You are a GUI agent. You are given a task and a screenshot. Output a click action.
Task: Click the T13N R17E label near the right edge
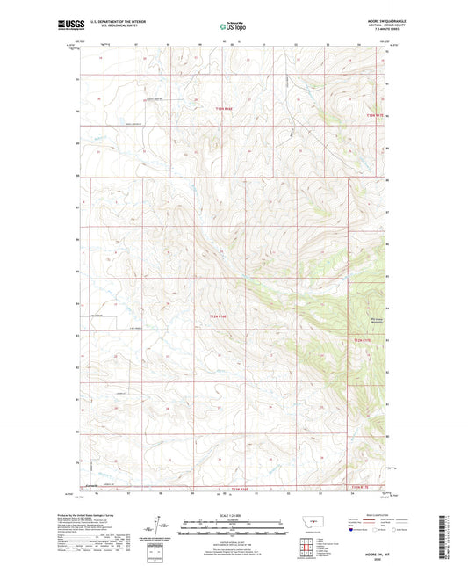point(375,114)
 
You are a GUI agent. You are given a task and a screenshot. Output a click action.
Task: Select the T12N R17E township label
point(363,339)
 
